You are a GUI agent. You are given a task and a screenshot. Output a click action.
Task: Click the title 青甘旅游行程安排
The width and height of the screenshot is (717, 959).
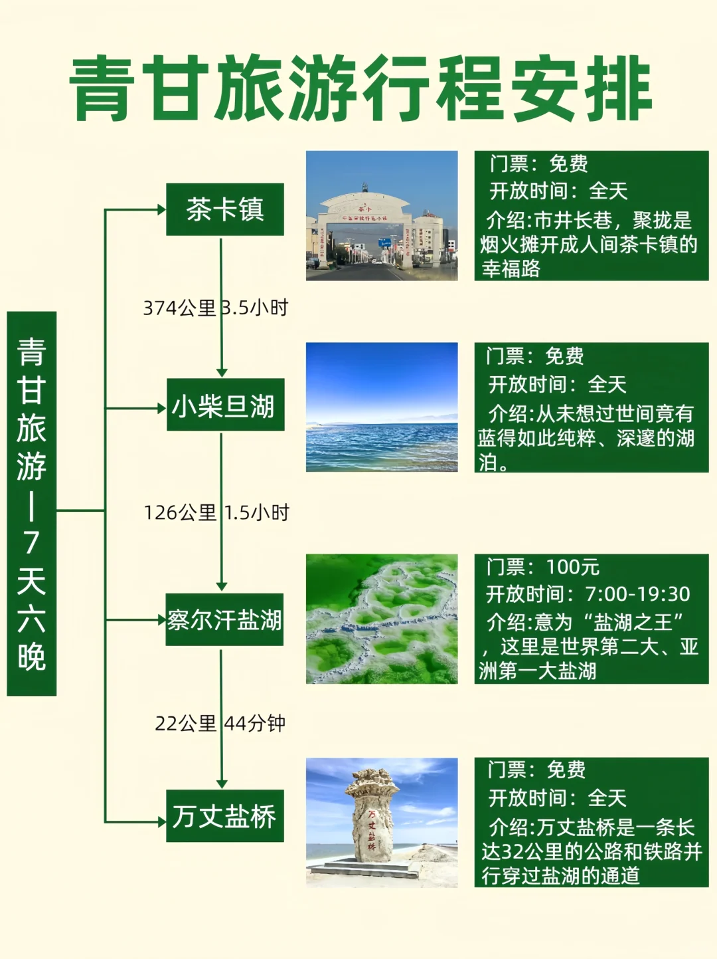point(360,88)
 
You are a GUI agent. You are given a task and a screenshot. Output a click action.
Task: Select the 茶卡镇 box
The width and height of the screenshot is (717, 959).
point(225,209)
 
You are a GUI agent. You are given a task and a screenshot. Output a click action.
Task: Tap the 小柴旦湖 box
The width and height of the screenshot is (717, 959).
point(225,405)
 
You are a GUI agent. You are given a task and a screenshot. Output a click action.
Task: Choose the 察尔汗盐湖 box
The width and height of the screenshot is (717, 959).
point(224,619)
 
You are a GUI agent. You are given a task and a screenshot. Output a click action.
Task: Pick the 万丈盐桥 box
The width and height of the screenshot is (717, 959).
point(225,815)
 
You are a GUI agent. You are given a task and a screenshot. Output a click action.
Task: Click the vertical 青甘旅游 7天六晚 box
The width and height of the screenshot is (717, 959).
point(31,503)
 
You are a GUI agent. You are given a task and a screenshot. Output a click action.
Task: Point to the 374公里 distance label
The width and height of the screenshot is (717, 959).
point(179,308)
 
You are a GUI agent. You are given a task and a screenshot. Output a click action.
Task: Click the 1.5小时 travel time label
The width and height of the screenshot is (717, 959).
point(257,512)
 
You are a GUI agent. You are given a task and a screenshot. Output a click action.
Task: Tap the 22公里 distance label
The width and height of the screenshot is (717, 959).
point(185,724)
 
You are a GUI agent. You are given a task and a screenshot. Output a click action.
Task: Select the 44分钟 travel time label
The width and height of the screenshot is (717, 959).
point(255,724)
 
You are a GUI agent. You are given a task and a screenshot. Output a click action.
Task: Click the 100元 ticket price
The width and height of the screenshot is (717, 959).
point(572,567)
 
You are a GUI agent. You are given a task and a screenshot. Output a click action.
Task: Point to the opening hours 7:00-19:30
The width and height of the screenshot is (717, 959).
point(637,593)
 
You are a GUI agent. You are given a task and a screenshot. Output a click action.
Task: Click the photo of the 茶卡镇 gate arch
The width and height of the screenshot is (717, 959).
point(382,215)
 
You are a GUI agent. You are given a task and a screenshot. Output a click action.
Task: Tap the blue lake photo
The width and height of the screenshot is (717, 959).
point(382,407)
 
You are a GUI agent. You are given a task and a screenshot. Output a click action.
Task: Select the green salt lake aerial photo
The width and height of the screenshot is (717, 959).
point(382,619)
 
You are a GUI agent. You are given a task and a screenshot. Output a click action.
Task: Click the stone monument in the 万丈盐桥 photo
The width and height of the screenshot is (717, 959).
point(372,815)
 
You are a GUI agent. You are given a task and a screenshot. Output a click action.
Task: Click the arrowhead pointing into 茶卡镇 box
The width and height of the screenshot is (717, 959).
point(161,210)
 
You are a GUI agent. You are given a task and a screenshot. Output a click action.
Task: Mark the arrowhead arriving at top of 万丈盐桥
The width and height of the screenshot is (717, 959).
point(222,784)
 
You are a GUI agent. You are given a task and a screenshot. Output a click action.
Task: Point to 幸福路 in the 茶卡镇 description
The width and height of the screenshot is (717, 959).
point(511,268)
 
